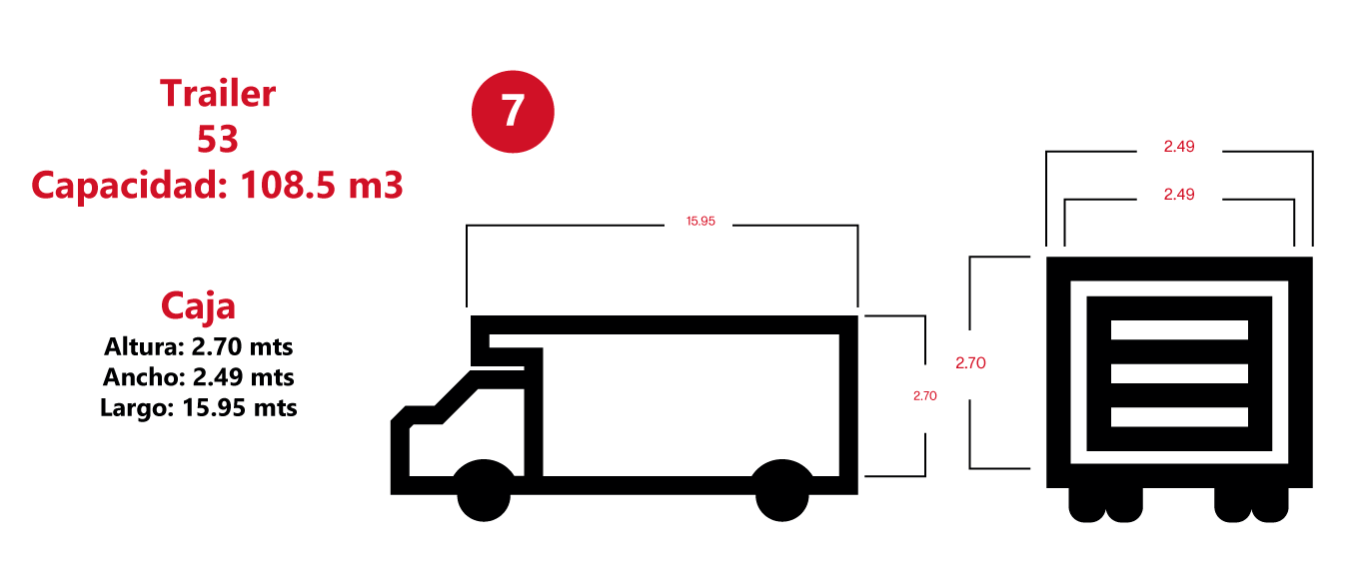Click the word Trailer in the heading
coord(218,94)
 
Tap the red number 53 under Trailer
coord(218,139)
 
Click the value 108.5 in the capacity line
coord(288,185)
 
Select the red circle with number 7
coord(513,112)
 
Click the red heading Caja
coord(198,305)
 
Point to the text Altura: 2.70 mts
coord(199,346)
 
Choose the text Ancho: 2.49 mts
coord(199,377)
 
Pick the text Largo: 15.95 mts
coord(199,407)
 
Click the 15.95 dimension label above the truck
coord(700,221)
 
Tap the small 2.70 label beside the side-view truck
coord(924,395)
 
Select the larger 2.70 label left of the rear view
coord(970,363)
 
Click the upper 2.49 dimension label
coord(1179,147)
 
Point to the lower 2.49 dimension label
coord(1179,194)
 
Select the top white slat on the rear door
coord(1179,330)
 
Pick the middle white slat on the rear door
coord(1179,373)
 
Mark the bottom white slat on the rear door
coord(1179,417)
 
